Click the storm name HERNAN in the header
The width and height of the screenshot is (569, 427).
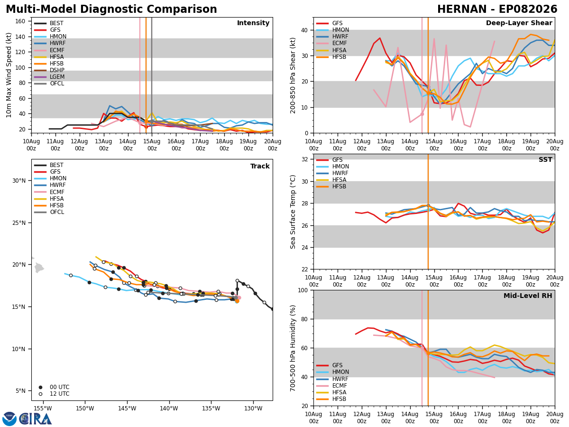point(462,9)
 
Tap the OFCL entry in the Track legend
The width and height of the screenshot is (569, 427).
point(49,212)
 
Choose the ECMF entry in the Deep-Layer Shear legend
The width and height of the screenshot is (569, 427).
point(331,43)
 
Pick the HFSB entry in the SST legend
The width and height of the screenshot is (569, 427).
point(331,186)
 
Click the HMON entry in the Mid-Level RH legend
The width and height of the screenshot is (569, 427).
point(332,372)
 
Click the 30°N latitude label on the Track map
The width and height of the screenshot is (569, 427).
point(19,181)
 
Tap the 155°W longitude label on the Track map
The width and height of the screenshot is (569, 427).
point(43,408)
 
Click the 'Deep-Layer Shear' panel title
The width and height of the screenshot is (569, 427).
point(519,23)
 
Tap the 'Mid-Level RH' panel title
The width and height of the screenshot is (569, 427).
point(528,296)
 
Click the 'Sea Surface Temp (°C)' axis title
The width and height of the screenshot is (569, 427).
point(293,212)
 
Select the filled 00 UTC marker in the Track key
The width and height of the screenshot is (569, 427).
point(40,387)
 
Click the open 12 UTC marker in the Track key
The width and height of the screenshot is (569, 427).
point(40,394)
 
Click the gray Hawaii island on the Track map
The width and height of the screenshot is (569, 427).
point(39,268)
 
